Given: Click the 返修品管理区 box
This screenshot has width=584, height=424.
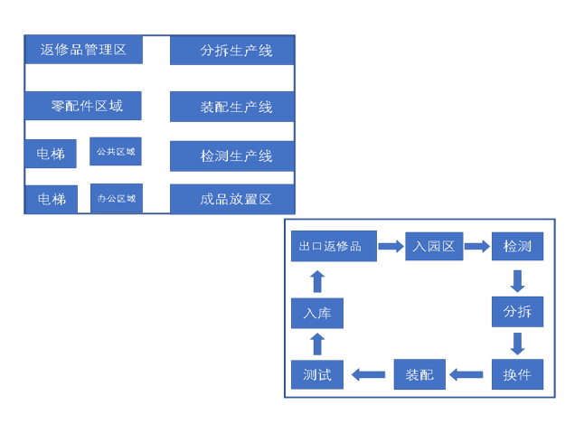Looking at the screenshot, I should tap(83, 50).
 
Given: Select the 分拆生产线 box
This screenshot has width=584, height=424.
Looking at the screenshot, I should tap(232, 51).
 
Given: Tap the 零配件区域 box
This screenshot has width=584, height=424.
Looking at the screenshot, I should tap(86, 106).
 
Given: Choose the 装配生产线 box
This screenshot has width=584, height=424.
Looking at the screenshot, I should tap(232, 107).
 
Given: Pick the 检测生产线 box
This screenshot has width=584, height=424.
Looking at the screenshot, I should tap(232, 155).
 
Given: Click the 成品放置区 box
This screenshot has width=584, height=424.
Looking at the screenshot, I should tap(232, 198).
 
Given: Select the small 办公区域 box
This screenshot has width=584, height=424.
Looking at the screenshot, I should tap(116, 198).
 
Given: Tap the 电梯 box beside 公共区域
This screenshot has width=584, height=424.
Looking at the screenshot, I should tap(51, 154).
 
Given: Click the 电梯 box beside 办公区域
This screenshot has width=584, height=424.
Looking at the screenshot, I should tap(51, 199).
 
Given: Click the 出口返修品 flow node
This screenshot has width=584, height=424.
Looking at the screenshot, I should tap(334, 246).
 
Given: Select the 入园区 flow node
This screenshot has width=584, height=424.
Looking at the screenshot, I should tap(434, 246).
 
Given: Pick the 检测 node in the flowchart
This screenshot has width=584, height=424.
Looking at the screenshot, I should tap(517, 246).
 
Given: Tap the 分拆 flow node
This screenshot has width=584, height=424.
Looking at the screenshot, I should tap(517, 312).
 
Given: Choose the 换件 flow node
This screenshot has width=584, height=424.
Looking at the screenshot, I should tap(517, 374).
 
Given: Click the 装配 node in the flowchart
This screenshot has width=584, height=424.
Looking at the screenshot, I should tap(419, 374).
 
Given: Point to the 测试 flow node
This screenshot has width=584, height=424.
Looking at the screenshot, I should tap(317, 374).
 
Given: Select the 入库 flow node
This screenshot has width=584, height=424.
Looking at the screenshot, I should tap(317, 313).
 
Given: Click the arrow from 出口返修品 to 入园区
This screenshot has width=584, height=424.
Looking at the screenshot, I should tap(391, 246).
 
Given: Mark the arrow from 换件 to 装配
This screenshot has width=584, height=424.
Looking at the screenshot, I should tap(467, 374).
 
